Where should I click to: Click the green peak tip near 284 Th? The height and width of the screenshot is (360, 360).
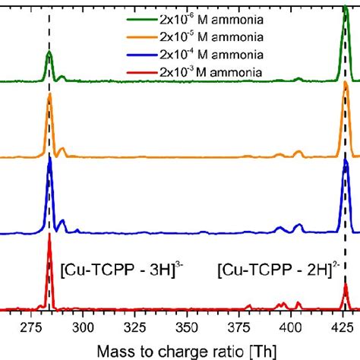49,52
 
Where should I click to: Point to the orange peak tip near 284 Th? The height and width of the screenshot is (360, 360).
49,94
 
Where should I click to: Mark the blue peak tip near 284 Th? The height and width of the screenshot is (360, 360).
49,157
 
